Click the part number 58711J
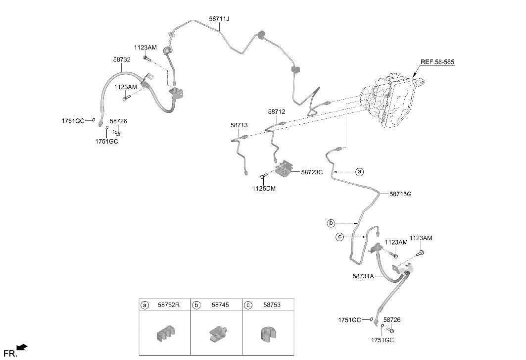pyautogui.click(x=219, y=19)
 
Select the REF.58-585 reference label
pyautogui.click(x=437, y=62)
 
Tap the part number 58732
pyautogui.click(x=122, y=59)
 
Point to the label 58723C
pyautogui.click(x=312, y=172)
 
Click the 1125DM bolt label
pyautogui.click(x=264, y=189)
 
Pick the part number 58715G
pyautogui.click(x=400, y=194)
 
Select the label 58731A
pyautogui.click(x=363, y=276)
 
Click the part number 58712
pyautogui.click(x=277, y=112)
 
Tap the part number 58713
pyautogui.click(x=239, y=125)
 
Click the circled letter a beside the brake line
pyautogui.click(x=360, y=172)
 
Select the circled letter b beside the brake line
pyautogui.click(x=331, y=223)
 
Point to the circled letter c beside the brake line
pyautogui.click(x=340, y=237)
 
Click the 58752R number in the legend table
pyautogui.click(x=169, y=305)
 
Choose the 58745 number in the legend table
pyautogui.click(x=220, y=305)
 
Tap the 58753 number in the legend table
pyautogui.click(x=272, y=305)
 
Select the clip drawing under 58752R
pyautogui.click(x=165, y=333)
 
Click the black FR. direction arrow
pyautogui.click(x=22, y=347)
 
